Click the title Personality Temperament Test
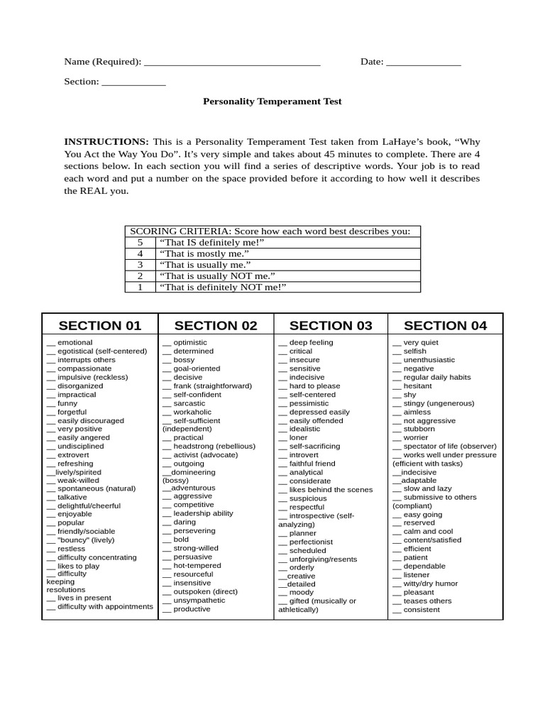click(272, 102)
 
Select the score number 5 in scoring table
click(141, 243)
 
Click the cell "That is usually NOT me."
click(217, 275)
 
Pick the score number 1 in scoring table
click(141, 287)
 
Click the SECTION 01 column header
click(100, 326)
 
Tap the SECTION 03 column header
click(331, 326)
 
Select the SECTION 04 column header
click(446, 326)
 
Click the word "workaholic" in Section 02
click(192, 412)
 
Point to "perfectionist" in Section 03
click(311, 542)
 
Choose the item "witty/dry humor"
click(431, 584)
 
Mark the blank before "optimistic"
click(167, 343)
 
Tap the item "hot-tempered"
click(197, 566)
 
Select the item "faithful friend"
click(312, 464)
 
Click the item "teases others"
click(427, 601)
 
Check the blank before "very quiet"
click(397, 343)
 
